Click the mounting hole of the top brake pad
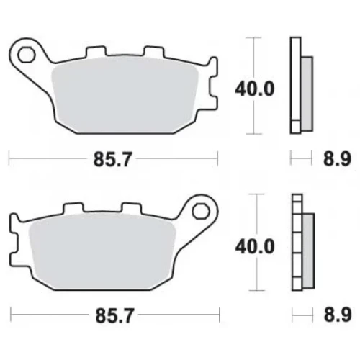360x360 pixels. [26, 55]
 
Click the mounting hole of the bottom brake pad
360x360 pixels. [201, 211]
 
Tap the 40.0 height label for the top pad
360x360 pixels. [254, 89]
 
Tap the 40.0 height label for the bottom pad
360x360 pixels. [255, 246]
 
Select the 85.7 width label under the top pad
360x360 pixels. [112, 159]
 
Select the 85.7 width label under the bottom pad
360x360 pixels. [114, 315]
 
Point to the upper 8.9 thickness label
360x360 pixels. [337, 158]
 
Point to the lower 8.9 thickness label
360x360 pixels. [338, 315]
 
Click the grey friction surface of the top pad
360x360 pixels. [125, 96]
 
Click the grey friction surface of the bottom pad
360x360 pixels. [102, 252]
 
